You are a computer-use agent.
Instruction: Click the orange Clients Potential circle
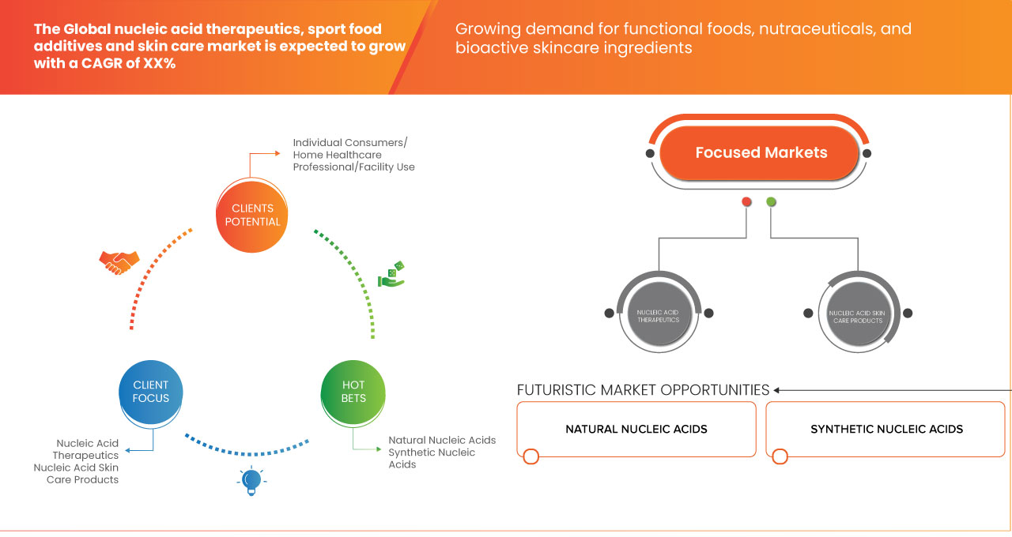[252, 216]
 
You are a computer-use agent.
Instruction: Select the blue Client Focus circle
[150, 392]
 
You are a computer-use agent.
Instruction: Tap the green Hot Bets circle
[353, 392]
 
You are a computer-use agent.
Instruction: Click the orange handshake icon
[119, 261]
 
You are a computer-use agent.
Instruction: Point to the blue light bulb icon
[251, 480]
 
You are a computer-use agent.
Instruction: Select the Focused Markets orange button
[761, 153]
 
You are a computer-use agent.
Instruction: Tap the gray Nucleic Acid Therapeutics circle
[658, 314]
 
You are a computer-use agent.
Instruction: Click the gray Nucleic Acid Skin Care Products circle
[855, 314]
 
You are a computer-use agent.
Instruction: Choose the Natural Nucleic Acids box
[636, 430]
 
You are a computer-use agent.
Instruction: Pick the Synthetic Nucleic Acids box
[886, 430]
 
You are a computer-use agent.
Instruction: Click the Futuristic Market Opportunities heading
[643, 390]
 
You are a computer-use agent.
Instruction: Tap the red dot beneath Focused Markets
[746, 202]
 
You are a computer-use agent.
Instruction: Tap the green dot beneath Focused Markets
[772, 202]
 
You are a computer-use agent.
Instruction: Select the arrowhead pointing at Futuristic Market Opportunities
[777, 390]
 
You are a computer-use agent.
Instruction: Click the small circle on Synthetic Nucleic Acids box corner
[780, 456]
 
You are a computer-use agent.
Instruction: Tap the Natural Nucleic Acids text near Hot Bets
[442, 440]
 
